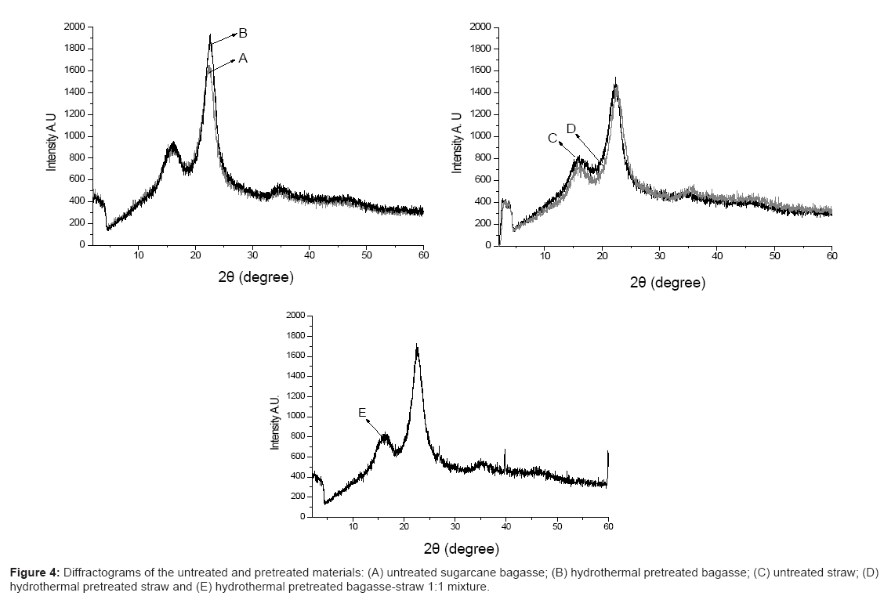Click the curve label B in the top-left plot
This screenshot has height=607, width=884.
pyautogui.click(x=243, y=33)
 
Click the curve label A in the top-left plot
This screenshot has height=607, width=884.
pyautogui.click(x=243, y=58)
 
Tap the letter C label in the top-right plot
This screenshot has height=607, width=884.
pyautogui.click(x=552, y=138)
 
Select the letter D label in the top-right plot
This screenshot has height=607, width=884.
pyautogui.click(x=571, y=128)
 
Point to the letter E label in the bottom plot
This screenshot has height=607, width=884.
pyautogui.click(x=362, y=413)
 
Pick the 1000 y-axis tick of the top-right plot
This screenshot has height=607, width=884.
pyautogui.click(x=480, y=136)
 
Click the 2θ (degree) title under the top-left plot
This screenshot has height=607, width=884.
pyautogui.click(x=256, y=277)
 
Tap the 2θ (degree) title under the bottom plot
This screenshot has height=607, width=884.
pyautogui.click(x=461, y=549)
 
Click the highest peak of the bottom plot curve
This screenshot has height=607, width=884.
pyautogui.click(x=417, y=345)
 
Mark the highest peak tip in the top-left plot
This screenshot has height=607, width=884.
pyautogui.click(x=210, y=35)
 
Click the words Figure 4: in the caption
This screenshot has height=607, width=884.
pyautogui.click(x=32, y=574)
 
